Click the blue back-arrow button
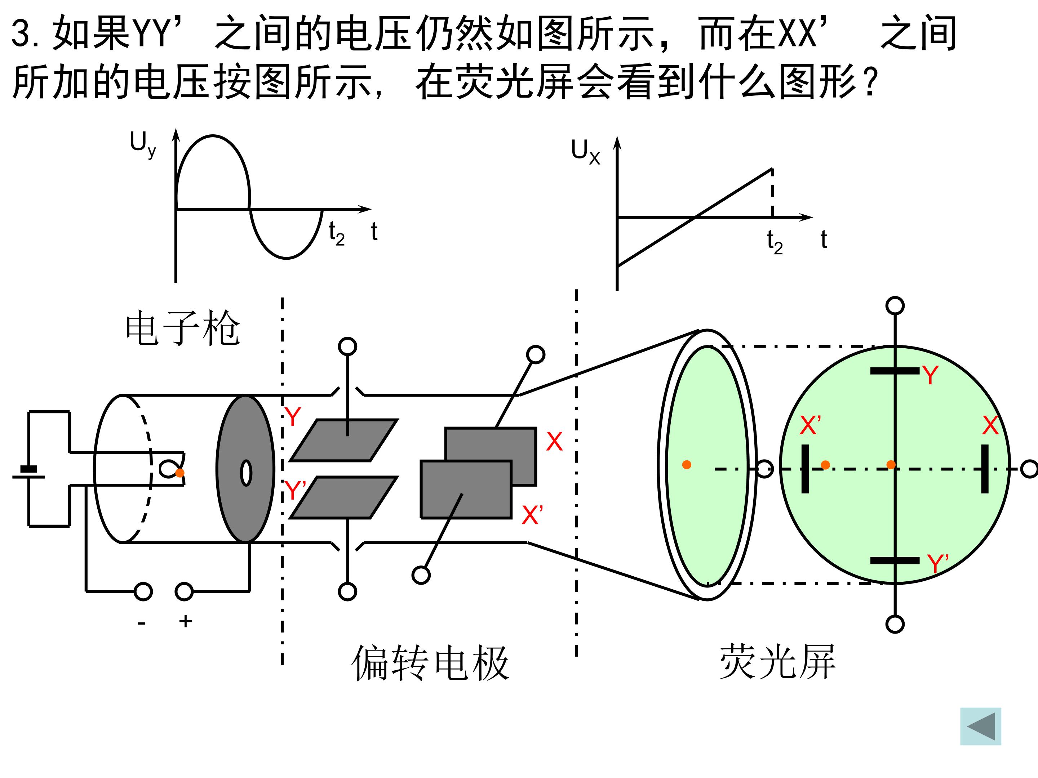[x=980, y=726]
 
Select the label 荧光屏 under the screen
[x=777, y=661]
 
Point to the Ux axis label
[x=585, y=152]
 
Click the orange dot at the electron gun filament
[x=180, y=473]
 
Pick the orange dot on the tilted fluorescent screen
[x=687, y=465]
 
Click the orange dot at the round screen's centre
[x=891, y=465]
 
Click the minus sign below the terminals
[x=141, y=623]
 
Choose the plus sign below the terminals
[x=185, y=621]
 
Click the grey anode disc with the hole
[x=245, y=469]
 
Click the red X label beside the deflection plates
[x=554, y=441]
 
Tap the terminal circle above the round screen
[x=895, y=306]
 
